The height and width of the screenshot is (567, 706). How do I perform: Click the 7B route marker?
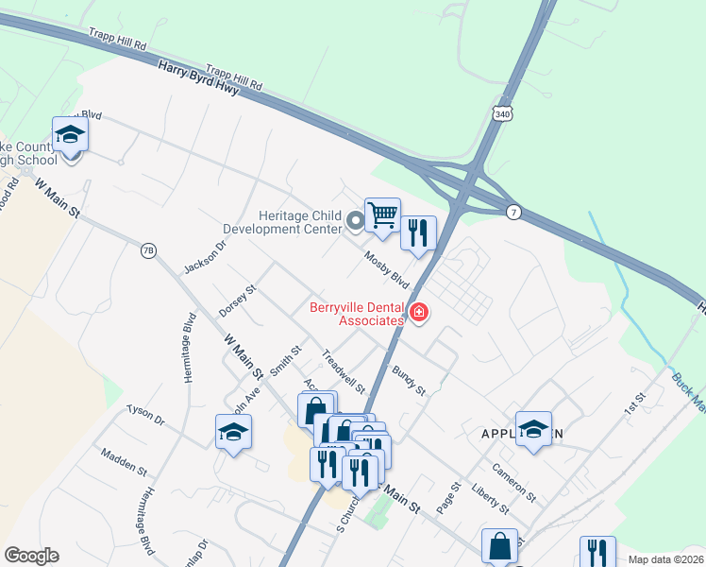(147, 250)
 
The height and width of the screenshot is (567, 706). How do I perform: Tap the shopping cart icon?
(382, 215)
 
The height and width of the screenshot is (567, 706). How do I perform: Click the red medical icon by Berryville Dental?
(418, 312)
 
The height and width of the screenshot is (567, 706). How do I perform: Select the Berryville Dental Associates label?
(357, 314)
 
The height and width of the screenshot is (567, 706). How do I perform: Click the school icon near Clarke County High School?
(70, 136)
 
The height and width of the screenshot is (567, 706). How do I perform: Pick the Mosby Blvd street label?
(387, 269)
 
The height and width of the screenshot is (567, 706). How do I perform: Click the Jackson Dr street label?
(206, 256)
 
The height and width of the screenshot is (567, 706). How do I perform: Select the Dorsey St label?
(237, 300)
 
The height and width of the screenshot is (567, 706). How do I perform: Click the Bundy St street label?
(410, 380)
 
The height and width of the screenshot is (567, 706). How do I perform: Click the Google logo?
(31, 556)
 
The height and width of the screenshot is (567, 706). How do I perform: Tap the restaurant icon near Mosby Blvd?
(418, 232)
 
